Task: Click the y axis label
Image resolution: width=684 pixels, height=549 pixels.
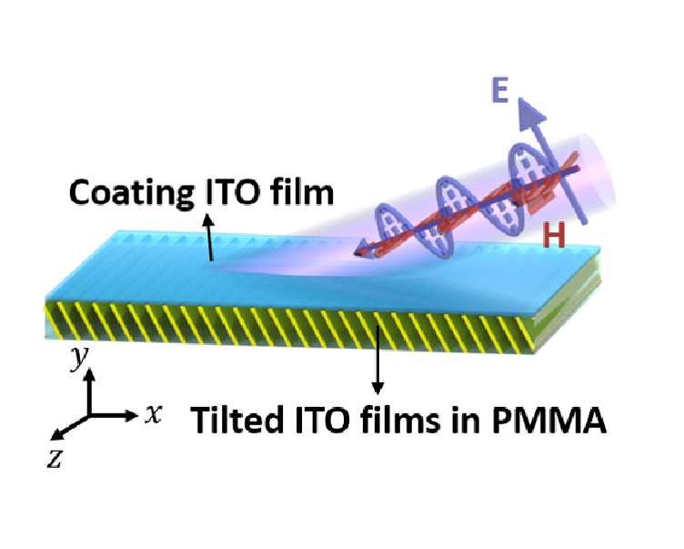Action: (x=79, y=357)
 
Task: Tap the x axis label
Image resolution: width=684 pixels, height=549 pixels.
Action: (x=155, y=415)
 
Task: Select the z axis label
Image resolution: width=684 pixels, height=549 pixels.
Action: (x=55, y=458)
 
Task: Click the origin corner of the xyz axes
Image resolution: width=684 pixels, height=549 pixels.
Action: (x=88, y=415)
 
